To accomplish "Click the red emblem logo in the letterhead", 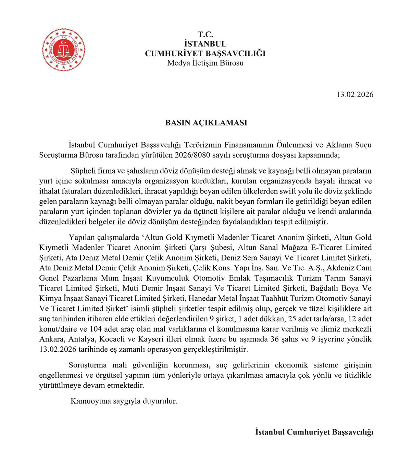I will (x=64, y=50).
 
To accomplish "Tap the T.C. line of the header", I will (x=205, y=35).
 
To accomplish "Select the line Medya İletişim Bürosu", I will (x=205, y=63).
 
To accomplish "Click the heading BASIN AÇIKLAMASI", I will (x=206, y=123).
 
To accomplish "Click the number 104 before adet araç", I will (x=96, y=329).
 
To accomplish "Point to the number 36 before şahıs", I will (x=275, y=339).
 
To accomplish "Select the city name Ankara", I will (x=52, y=339).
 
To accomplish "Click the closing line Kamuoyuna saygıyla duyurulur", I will (x=124, y=401).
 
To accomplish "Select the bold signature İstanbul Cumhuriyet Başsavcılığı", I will (x=314, y=432).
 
